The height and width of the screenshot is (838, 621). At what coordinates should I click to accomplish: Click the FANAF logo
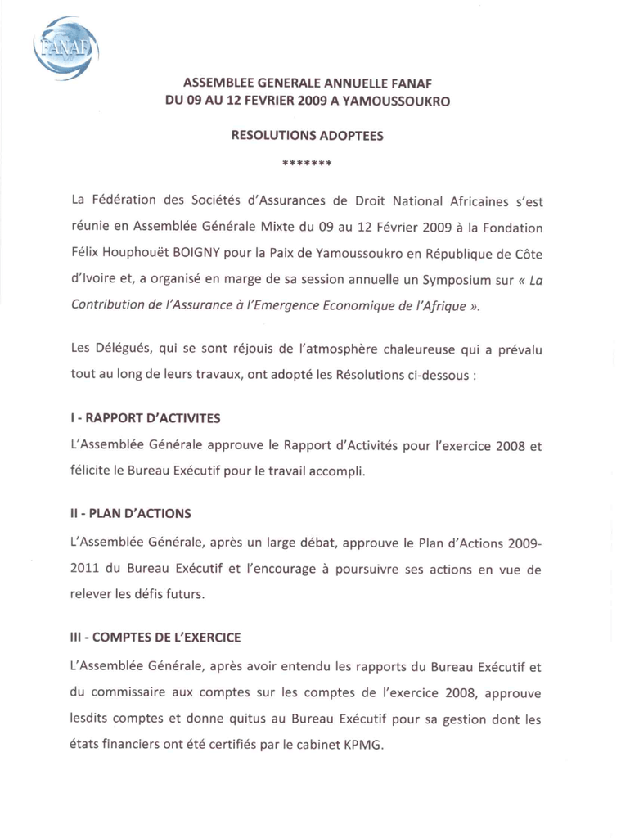tap(65, 49)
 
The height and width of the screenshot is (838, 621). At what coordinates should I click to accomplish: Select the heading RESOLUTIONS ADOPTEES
tap(307, 137)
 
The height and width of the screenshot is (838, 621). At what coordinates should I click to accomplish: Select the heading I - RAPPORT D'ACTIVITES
tap(145, 419)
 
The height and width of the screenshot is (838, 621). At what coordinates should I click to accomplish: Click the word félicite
tap(91, 472)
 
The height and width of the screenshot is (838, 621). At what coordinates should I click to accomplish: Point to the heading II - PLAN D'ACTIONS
tap(131, 515)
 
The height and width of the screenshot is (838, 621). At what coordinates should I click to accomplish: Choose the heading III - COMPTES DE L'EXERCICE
tap(155, 638)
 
